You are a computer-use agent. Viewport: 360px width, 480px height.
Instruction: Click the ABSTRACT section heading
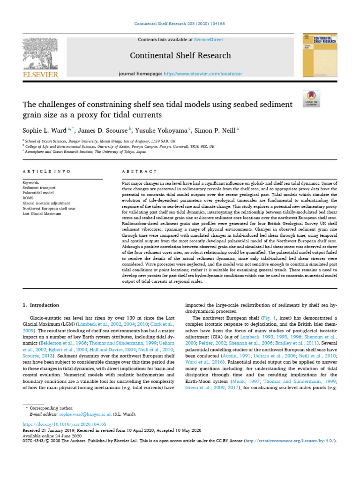(134, 172)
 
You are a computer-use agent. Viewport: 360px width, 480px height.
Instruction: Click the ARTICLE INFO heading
(40, 172)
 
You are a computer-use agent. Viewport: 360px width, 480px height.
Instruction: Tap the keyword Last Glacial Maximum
(42, 213)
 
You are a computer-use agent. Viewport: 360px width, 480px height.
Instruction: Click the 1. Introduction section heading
(41, 305)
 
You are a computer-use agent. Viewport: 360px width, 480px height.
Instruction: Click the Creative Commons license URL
(290, 441)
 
